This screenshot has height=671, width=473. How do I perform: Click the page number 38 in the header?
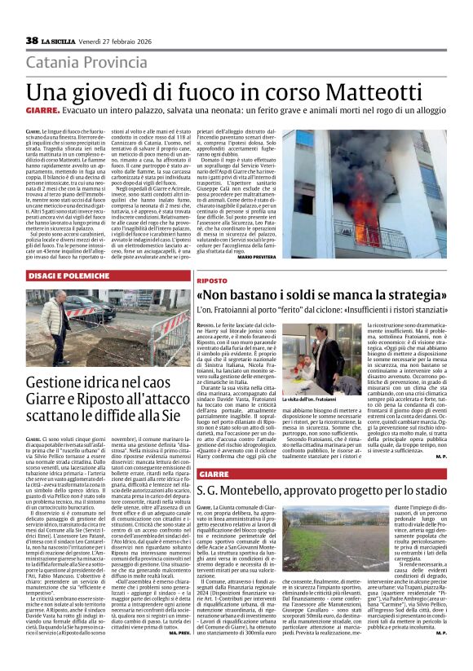[x=32, y=40]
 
